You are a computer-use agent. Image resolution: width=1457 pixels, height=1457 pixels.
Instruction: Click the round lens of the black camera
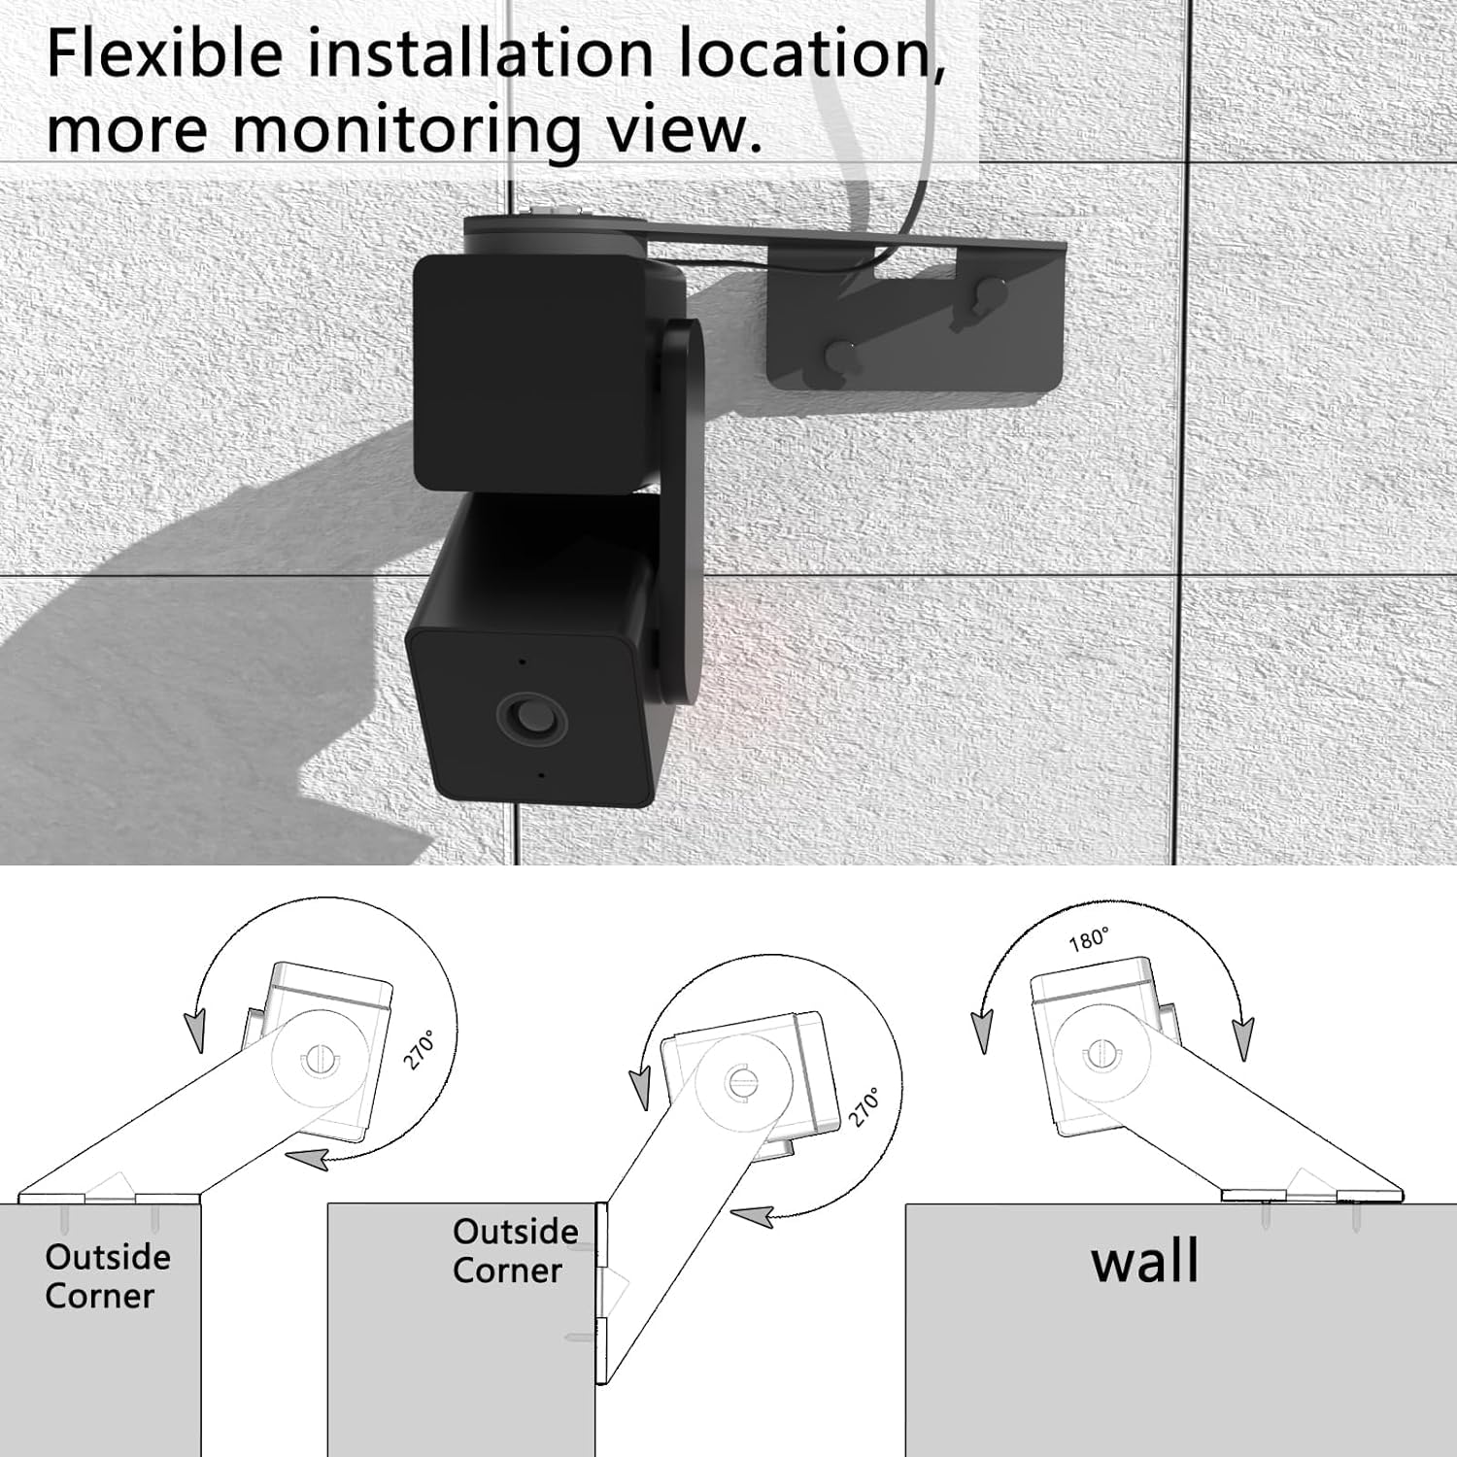pos(529,720)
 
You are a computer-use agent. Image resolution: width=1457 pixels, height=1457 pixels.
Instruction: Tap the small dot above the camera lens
pos(523,661)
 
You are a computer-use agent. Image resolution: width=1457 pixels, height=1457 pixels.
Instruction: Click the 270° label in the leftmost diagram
pos(420,1051)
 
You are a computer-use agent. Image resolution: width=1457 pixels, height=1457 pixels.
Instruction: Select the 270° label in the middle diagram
pos(864,1106)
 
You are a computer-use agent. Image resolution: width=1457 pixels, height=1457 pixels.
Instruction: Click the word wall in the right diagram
pos(1144,1262)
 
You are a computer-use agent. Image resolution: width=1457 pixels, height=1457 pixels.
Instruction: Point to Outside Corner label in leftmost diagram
pos(107,1276)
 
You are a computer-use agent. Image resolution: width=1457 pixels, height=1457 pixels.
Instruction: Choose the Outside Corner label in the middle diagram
pos(515,1251)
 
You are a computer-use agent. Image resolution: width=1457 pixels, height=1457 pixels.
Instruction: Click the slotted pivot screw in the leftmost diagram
pos(315,1061)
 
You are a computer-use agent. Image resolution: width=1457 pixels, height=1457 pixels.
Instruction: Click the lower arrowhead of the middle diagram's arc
pos(754,1215)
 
